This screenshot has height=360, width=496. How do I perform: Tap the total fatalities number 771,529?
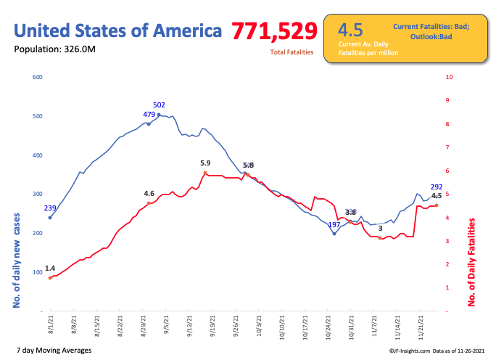point(274,31)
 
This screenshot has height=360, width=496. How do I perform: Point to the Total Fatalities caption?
point(292,52)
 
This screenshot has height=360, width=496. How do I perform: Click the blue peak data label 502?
point(160,105)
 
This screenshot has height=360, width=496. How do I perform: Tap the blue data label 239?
point(50,208)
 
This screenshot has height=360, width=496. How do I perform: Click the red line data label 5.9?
point(205,163)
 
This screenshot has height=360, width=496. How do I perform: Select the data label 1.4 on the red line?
point(50,269)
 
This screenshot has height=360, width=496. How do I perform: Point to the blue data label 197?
point(334,225)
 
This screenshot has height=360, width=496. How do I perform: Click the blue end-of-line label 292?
point(437,187)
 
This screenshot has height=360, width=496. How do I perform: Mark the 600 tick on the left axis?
point(37,77)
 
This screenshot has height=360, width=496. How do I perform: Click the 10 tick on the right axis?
point(450,77)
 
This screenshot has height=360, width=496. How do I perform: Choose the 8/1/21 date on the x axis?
point(51,324)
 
